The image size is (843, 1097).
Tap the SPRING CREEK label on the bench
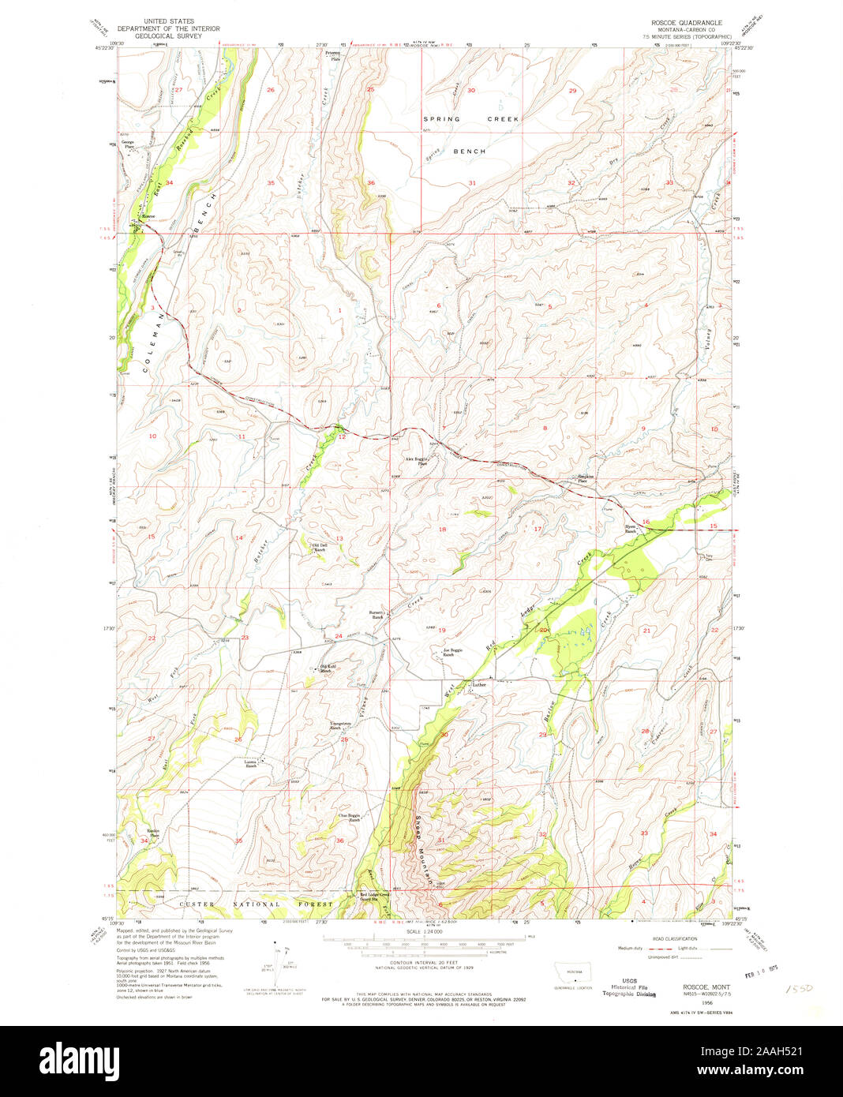pyautogui.click(x=471, y=118)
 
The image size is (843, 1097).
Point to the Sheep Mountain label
pyautogui.click(x=424, y=848)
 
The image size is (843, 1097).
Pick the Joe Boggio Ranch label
pyautogui.click(x=447, y=652)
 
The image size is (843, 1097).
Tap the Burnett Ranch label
pyautogui.click(x=377, y=614)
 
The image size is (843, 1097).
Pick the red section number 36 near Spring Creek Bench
pyautogui.click(x=371, y=183)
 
